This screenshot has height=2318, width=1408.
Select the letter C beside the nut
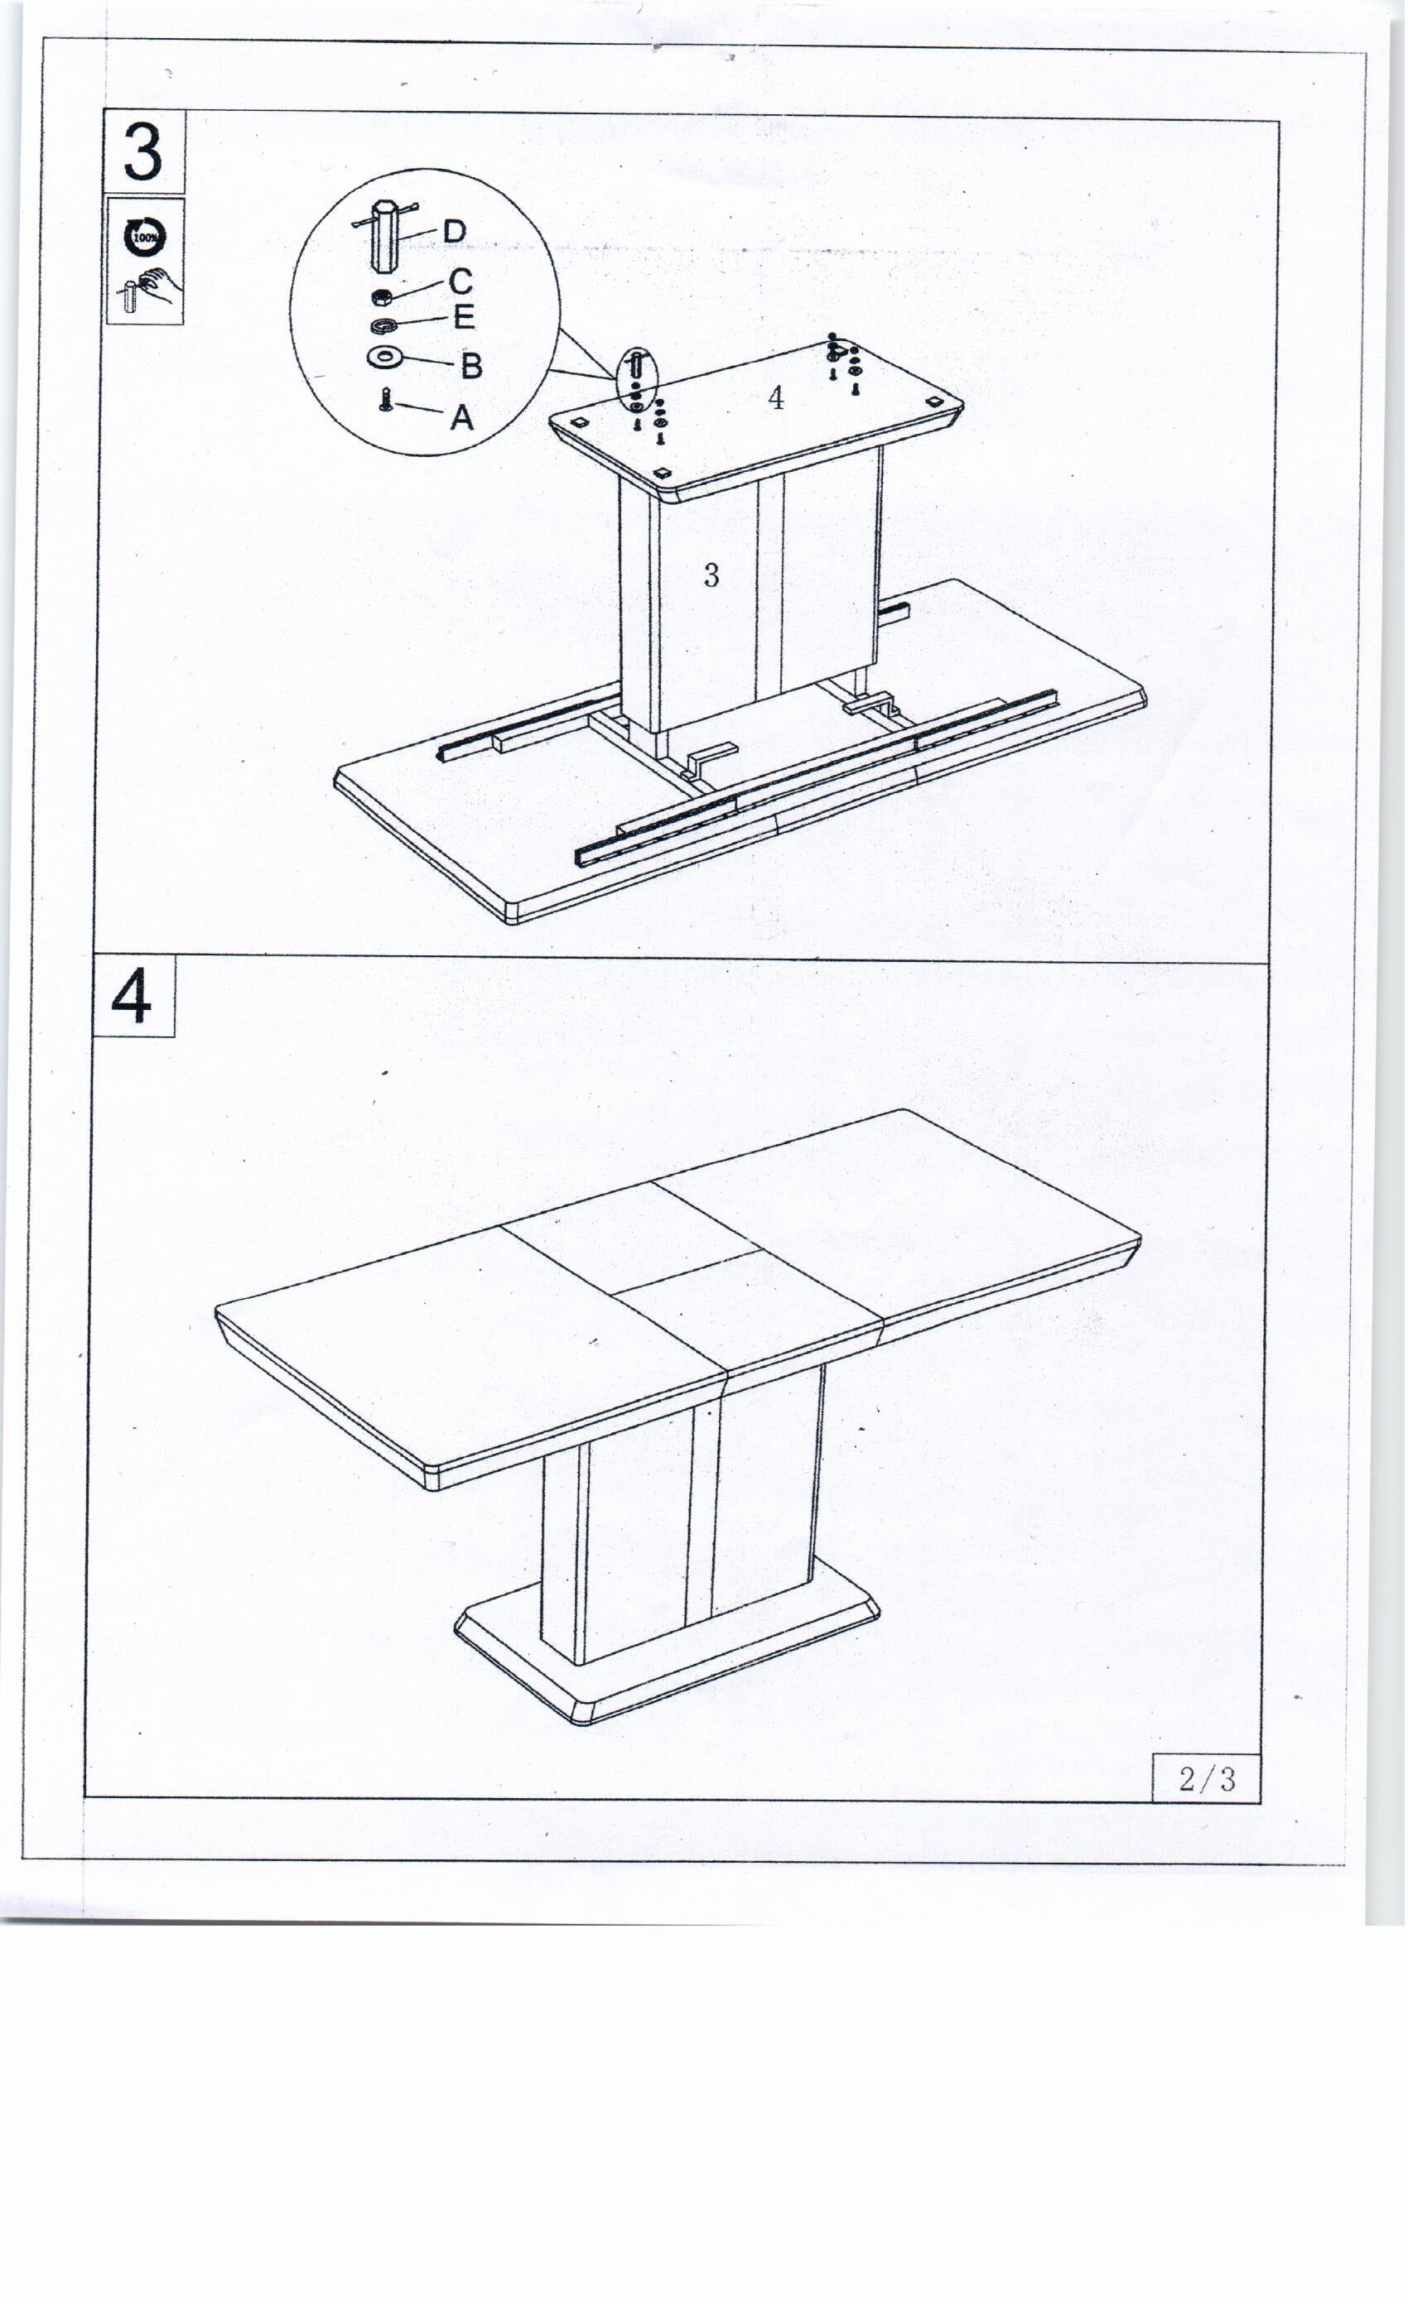(460, 281)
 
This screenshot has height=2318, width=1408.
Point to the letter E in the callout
(463, 317)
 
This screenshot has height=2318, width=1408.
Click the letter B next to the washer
(470, 366)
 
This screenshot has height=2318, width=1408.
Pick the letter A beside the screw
(461, 416)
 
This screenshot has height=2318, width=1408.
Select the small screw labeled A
(385, 400)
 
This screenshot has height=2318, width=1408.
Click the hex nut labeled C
(382, 297)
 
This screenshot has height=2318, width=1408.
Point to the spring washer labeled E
(383, 325)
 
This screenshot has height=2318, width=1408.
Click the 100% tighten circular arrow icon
(145, 236)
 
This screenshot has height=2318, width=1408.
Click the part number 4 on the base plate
(775, 399)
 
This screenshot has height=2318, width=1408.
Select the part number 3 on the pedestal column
(711, 575)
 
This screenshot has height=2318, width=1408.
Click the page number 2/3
(1207, 1778)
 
